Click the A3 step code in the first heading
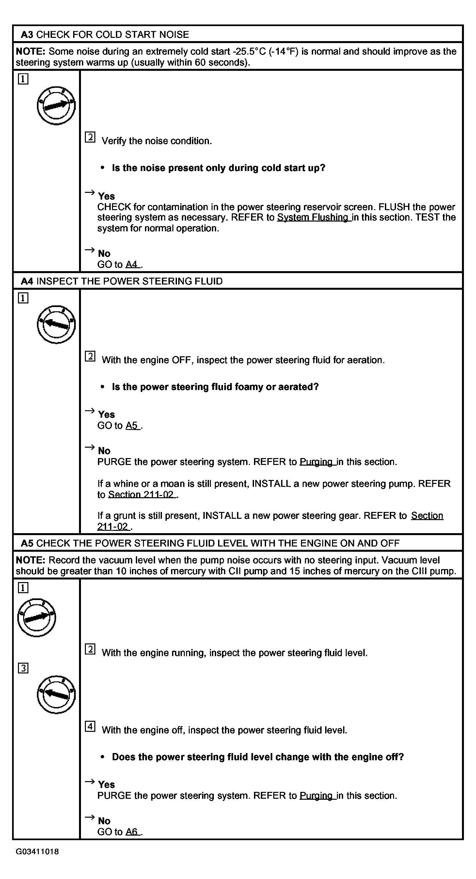click(x=27, y=35)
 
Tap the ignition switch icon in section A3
click(x=56, y=105)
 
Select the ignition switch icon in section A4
click(x=56, y=324)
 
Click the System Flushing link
click(x=313, y=217)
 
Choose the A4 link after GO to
click(x=132, y=265)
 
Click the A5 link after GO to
click(x=132, y=425)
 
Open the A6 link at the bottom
click(x=132, y=832)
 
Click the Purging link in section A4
click(x=317, y=462)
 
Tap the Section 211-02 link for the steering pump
click(x=142, y=494)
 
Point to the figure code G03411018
click(x=37, y=852)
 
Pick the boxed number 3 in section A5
click(x=23, y=668)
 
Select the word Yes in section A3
click(x=106, y=196)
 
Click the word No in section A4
click(x=104, y=451)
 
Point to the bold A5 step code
click(x=27, y=543)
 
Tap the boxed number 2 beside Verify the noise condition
click(x=90, y=137)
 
